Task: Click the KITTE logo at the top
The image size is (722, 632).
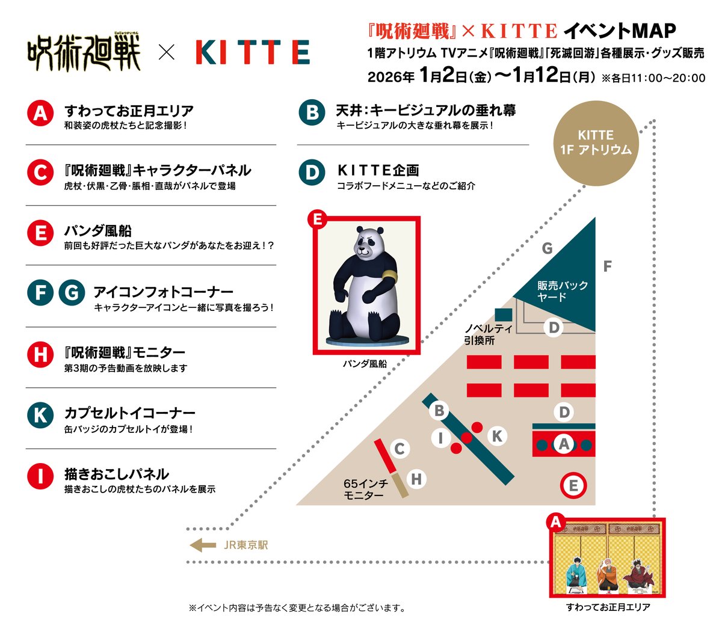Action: [x=253, y=53]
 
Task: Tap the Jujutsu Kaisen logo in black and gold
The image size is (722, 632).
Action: [x=84, y=53]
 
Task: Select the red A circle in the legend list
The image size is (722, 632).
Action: [x=40, y=113]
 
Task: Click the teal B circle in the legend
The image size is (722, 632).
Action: [x=312, y=113]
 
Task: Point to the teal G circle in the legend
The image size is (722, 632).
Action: [x=72, y=293]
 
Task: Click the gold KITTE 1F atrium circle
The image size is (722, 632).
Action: [x=596, y=143]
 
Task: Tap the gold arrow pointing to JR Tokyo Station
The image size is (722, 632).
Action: [x=203, y=545]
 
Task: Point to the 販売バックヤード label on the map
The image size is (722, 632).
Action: [x=562, y=290]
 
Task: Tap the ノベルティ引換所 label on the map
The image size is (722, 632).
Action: [x=488, y=334]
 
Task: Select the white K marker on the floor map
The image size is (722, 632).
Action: [x=497, y=436]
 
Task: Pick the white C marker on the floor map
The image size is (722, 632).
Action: [x=399, y=449]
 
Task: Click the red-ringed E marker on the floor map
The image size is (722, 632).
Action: [x=573, y=486]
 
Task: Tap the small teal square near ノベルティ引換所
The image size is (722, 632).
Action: [x=503, y=314]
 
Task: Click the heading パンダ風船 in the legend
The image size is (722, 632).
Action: [x=98, y=231]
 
